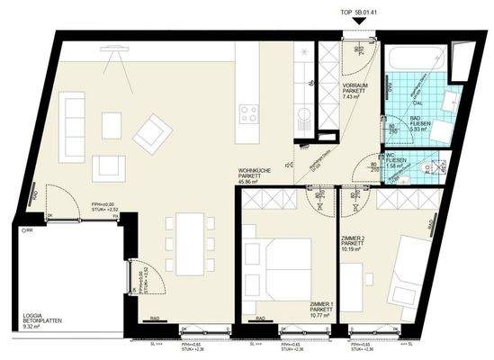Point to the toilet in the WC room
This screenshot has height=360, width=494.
[x=439, y=167]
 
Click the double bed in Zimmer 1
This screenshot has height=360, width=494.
[x=280, y=265]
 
